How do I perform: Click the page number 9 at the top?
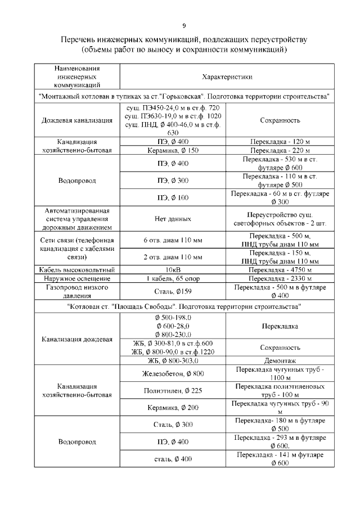click(x=184, y=25)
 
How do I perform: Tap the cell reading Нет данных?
click(x=173, y=219)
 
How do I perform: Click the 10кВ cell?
click(x=173, y=269)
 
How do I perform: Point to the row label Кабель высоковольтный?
click(x=77, y=269)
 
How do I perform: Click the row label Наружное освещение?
click(x=77, y=278)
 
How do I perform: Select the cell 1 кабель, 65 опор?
click(x=173, y=278)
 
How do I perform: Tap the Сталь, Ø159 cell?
click(x=173, y=291)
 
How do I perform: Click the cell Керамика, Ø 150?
click(x=173, y=151)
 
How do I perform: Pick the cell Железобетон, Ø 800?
click(x=173, y=374)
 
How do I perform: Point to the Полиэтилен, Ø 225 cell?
click(x=173, y=390)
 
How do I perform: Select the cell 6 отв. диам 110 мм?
click(x=173, y=241)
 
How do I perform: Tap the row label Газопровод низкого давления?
click(x=77, y=291)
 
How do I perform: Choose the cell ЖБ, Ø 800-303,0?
click(x=173, y=361)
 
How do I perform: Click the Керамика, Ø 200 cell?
click(x=173, y=407)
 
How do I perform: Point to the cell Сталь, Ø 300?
click(x=173, y=424)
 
